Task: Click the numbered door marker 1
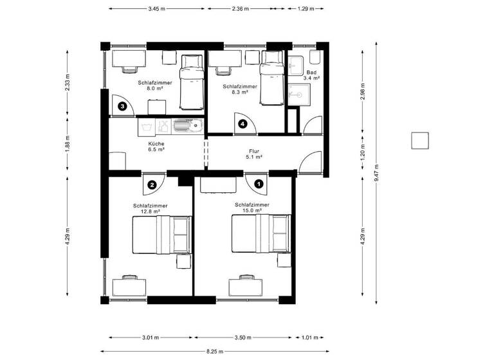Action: point(259,183)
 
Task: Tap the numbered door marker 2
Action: point(152,185)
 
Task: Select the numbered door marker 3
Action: point(122,107)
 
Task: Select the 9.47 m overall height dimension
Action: point(378,172)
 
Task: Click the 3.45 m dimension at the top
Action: point(156,9)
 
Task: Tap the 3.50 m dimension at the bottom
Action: point(244,337)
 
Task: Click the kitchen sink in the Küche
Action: point(189,125)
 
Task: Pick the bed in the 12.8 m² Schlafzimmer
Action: point(161,235)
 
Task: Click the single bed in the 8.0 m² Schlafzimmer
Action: point(190,82)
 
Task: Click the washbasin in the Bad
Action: point(296,66)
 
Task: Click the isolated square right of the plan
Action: point(420,140)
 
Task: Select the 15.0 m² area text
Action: point(252,210)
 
